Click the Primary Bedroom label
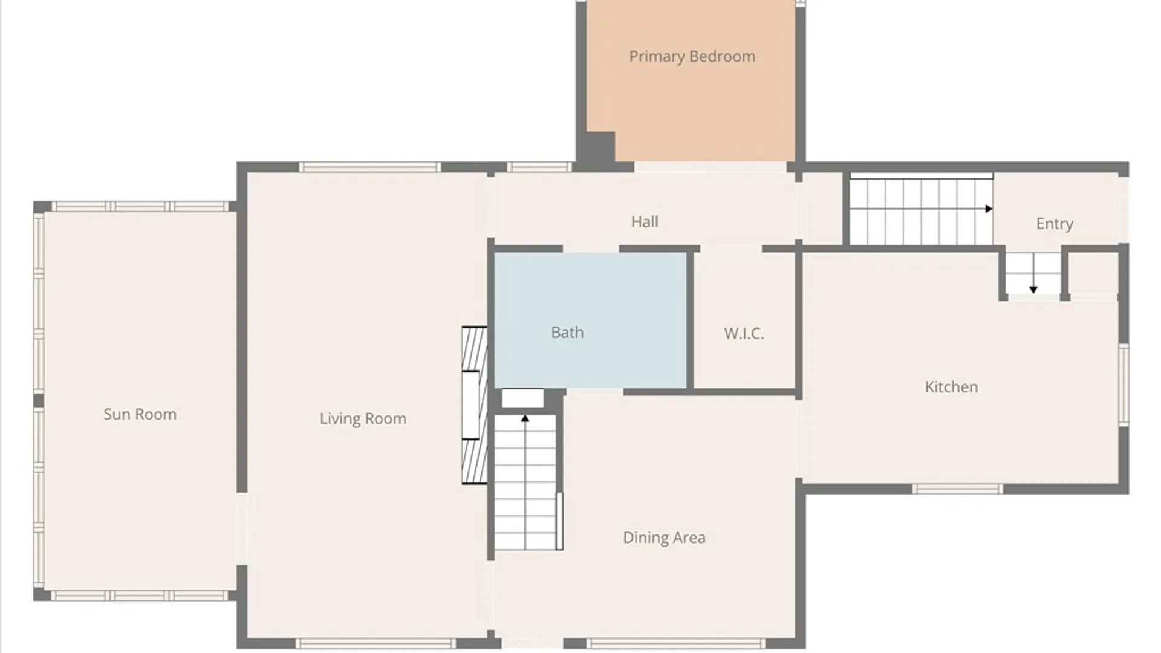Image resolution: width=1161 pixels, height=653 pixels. pyautogui.click(x=692, y=57)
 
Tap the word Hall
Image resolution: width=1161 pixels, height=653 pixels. pyautogui.click(x=645, y=222)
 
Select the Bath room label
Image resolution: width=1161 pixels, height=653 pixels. pyautogui.click(x=567, y=333)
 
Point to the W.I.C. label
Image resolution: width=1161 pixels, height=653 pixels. pyautogui.click(x=744, y=333)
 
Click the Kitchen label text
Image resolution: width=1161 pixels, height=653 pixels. pyautogui.click(x=951, y=387)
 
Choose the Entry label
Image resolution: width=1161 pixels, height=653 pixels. pyautogui.click(x=1055, y=224)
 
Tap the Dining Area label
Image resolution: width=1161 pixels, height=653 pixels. pyautogui.click(x=664, y=538)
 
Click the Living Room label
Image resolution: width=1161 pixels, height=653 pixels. pyautogui.click(x=363, y=418)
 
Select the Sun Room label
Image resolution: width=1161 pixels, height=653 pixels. pyautogui.click(x=140, y=414)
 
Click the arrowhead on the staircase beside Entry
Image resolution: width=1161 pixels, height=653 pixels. pyautogui.click(x=989, y=209)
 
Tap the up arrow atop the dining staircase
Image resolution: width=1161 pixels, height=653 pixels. pyautogui.click(x=525, y=418)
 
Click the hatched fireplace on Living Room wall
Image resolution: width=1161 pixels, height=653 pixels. pyautogui.click(x=475, y=405)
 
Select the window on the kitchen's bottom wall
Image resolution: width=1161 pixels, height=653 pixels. pyautogui.click(x=957, y=489)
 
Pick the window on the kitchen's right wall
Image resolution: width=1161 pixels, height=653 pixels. pyautogui.click(x=1124, y=385)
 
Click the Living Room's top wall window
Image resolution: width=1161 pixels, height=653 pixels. pyautogui.click(x=370, y=167)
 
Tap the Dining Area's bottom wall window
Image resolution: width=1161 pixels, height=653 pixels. pyautogui.click(x=675, y=643)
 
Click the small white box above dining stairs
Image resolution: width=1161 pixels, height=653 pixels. pyautogui.click(x=522, y=398)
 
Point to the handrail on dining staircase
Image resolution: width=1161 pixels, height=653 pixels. pyautogui.click(x=559, y=521)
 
